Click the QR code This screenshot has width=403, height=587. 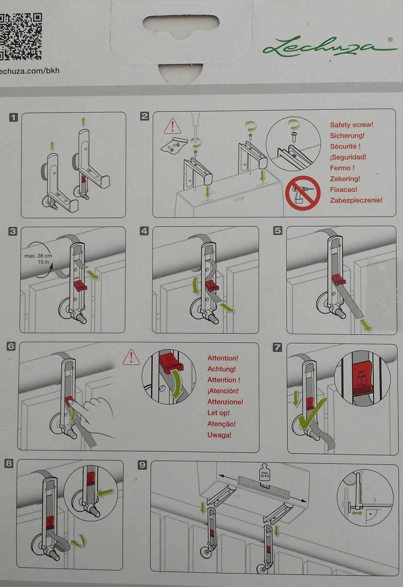pos(20,36)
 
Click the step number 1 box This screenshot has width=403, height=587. pos(13,117)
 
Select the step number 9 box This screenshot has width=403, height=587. pos(142,465)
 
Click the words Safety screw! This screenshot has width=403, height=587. pos(351,125)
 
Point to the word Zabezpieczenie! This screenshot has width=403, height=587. pos(356,200)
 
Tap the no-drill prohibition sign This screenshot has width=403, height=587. pos(302,193)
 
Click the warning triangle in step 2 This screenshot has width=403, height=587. pos(173,127)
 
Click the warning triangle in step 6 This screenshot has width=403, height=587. pos(131,357)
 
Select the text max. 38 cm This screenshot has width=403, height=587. pos(38,256)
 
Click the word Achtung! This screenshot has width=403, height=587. pos(221,369)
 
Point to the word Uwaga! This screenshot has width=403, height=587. pos(219,435)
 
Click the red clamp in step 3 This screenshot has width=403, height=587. pos(80,285)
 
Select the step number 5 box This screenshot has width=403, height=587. pos(278,231)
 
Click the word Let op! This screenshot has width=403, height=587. pos(218,413)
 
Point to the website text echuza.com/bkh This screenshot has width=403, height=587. pos(30,71)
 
